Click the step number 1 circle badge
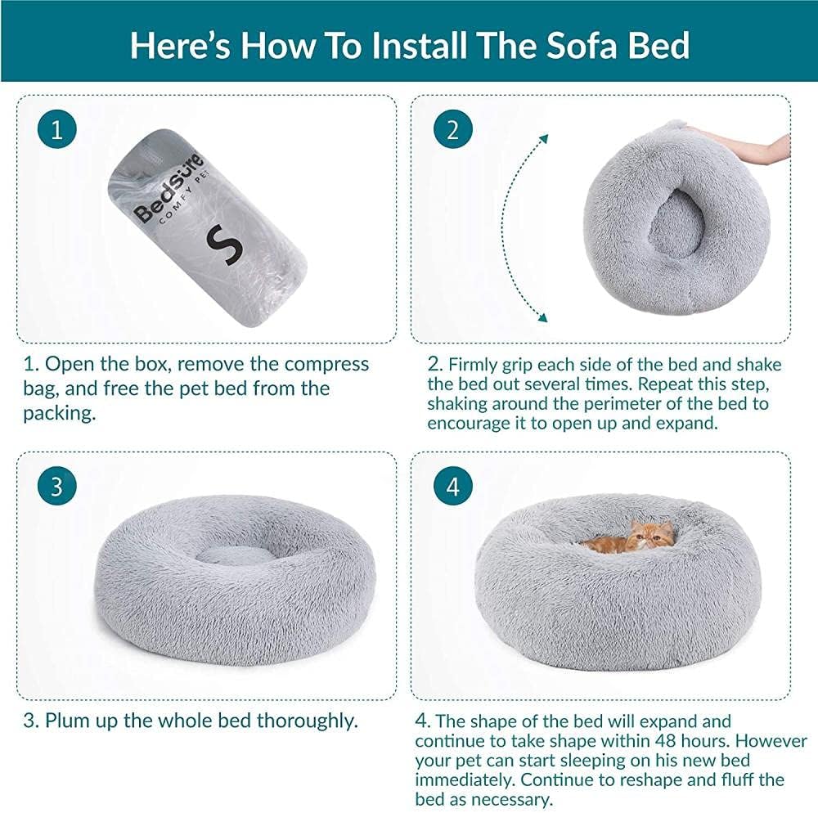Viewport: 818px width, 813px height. click(57, 128)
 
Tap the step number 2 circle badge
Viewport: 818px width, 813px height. click(453, 128)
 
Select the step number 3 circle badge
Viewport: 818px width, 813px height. click(57, 486)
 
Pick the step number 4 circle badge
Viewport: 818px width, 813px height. click(453, 486)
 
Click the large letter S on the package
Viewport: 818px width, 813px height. click(224, 245)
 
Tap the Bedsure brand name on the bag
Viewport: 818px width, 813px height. click(168, 189)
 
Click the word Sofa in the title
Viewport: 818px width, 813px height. click(581, 45)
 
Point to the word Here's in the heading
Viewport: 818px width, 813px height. click(180, 45)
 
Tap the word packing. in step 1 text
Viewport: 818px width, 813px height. click(60, 414)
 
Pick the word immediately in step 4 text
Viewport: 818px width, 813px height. click(465, 779)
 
